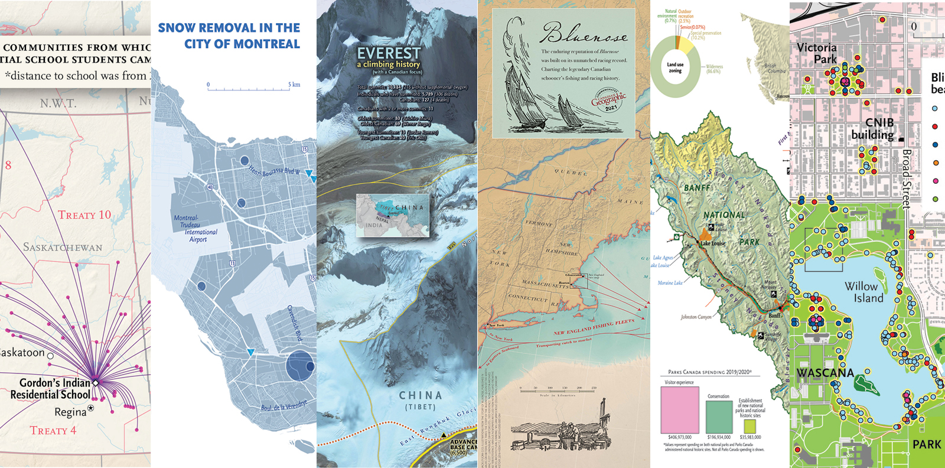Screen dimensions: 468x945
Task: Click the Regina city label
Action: coord(70,412)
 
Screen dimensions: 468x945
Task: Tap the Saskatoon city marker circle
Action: coord(50,356)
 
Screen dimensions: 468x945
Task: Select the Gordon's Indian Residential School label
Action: coord(50,389)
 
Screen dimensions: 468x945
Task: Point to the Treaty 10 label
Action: coord(84,215)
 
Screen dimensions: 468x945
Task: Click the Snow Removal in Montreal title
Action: coord(229,36)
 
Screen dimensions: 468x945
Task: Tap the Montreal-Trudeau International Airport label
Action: coord(195,229)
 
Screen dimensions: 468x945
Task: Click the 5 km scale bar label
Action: coord(294,84)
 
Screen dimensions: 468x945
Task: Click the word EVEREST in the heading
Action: coord(389,53)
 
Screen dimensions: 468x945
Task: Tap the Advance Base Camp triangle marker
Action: coord(444,435)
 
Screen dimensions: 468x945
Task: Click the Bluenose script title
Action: coord(584,34)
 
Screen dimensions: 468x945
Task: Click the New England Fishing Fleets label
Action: coord(594,327)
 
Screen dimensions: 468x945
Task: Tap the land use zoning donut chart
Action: coord(676,67)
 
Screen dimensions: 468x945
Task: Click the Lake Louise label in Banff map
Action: coord(713,243)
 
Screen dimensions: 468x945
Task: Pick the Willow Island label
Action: coord(864,292)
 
